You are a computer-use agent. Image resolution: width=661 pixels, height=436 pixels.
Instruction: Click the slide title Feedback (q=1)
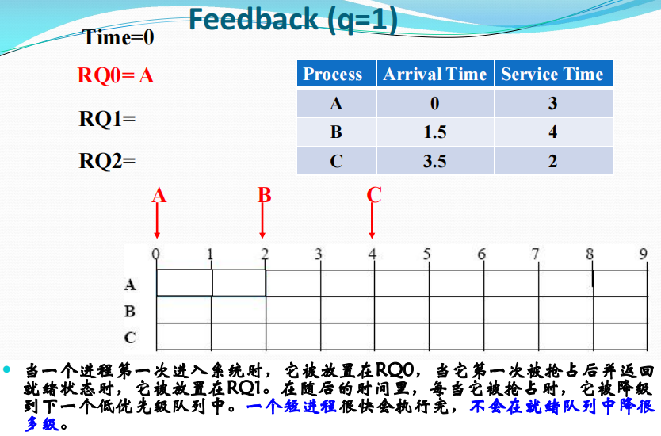click(x=293, y=20)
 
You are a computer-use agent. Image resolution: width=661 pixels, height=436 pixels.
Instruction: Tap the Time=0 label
click(x=118, y=37)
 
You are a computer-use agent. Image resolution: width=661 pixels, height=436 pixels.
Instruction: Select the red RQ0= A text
click(x=116, y=75)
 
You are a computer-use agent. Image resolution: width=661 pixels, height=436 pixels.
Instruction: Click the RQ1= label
click(x=107, y=118)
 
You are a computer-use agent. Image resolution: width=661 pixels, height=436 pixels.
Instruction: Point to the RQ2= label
click(x=107, y=161)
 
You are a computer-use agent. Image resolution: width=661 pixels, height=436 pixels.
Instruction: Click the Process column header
click(x=336, y=74)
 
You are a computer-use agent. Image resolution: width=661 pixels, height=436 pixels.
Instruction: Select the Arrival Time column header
click(x=435, y=74)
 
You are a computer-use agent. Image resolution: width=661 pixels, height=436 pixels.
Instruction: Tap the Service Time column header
click(x=553, y=74)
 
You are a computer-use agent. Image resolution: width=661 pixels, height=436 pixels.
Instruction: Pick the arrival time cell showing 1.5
click(x=435, y=132)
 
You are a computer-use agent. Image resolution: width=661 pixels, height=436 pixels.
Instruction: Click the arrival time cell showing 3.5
click(x=435, y=161)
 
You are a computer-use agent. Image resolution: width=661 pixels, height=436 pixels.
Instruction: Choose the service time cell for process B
click(x=553, y=132)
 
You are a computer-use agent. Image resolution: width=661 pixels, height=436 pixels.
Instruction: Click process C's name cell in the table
click(x=336, y=161)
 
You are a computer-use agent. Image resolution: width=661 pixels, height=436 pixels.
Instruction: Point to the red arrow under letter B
click(x=262, y=220)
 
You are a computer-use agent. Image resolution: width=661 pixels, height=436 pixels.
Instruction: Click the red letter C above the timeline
click(x=374, y=195)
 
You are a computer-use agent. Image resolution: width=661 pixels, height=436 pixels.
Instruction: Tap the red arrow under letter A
click(x=157, y=220)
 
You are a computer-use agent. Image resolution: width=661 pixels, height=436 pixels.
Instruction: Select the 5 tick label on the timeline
click(x=426, y=254)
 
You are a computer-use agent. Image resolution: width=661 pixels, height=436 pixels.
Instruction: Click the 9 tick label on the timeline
click(x=643, y=254)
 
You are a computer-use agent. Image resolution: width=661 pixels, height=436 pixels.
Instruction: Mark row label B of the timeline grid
click(x=130, y=312)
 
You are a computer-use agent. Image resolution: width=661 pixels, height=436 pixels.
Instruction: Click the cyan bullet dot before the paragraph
click(x=6, y=369)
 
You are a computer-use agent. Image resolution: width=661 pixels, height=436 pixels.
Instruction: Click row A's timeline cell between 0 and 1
click(x=184, y=282)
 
